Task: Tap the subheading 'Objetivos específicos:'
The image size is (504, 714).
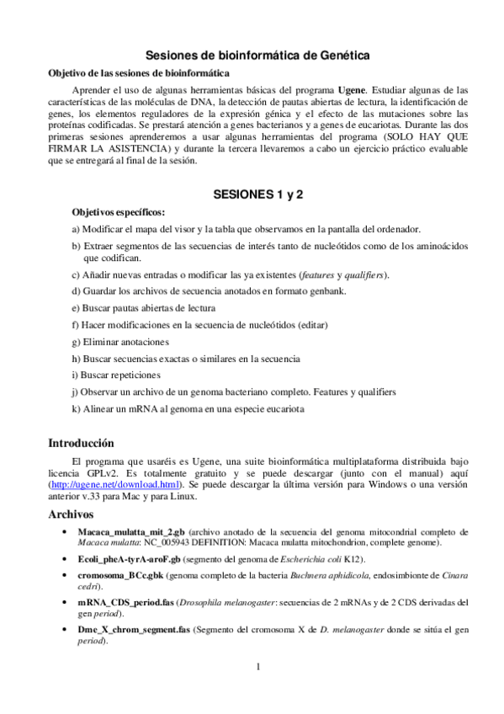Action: coord(119,212)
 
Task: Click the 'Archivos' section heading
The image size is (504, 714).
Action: coord(71,514)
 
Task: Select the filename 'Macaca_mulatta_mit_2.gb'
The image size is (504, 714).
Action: coord(130,533)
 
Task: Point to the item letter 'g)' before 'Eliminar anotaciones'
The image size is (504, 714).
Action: coord(76,342)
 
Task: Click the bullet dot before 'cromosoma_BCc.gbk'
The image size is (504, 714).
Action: coord(66,576)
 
